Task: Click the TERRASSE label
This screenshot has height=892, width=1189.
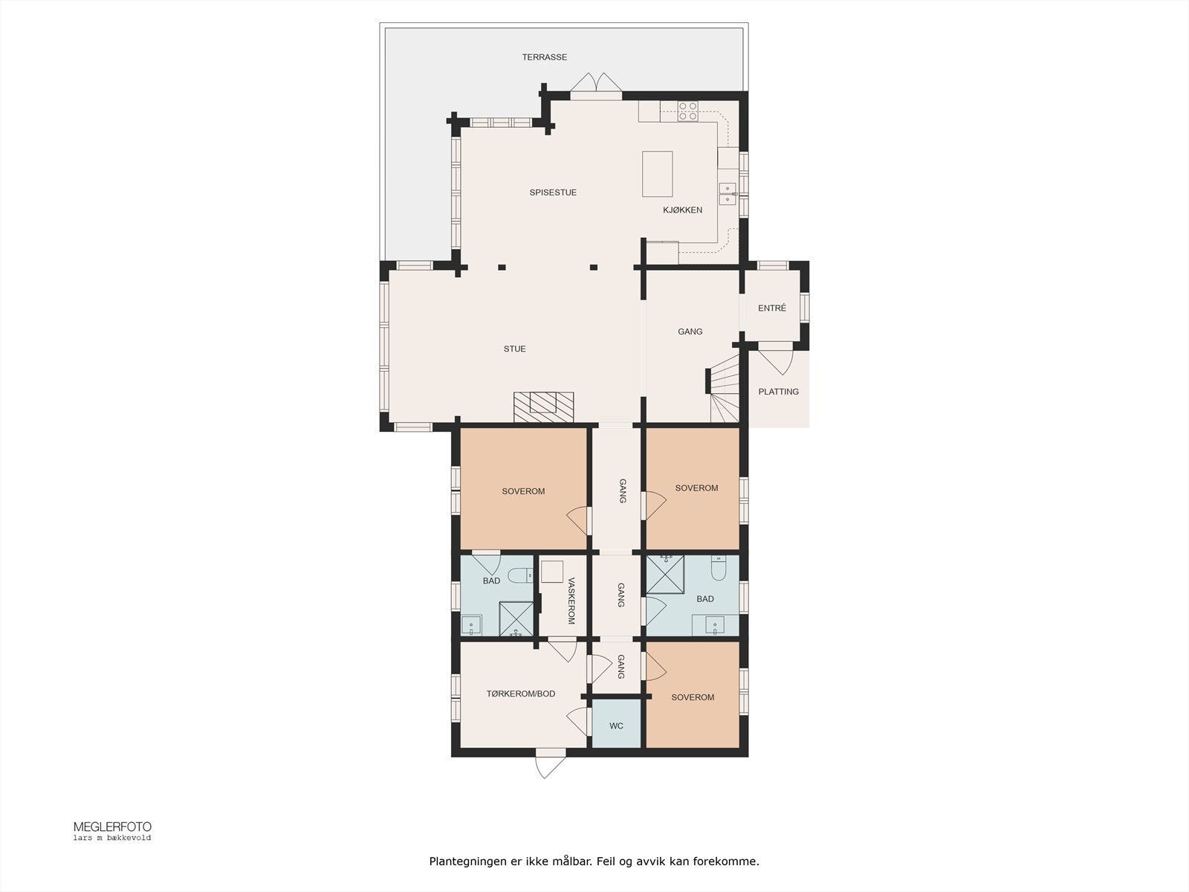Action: click(x=544, y=57)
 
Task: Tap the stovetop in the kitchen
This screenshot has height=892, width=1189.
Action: click(x=688, y=111)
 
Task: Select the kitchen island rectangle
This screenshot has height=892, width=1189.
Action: click(x=657, y=174)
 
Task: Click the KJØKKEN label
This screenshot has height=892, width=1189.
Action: click(x=682, y=210)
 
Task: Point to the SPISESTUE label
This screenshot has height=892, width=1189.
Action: click(x=553, y=193)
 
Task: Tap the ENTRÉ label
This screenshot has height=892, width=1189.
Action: click(x=771, y=308)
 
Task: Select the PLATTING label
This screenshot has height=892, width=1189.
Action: click(x=778, y=392)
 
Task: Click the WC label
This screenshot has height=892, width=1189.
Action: click(x=616, y=725)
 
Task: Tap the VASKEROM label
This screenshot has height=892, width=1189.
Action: click(x=571, y=601)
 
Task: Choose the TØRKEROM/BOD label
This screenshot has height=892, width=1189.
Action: click(x=520, y=694)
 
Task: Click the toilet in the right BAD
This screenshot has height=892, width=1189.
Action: click(x=719, y=569)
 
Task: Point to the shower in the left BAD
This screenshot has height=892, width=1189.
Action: click(x=516, y=618)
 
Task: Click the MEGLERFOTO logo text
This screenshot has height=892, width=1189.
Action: click(x=112, y=827)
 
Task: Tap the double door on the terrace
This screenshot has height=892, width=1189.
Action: click(x=596, y=84)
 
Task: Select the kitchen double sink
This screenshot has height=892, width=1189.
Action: click(x=727, y=193)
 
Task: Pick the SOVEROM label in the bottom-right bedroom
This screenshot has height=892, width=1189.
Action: click(x=692, y=697)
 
